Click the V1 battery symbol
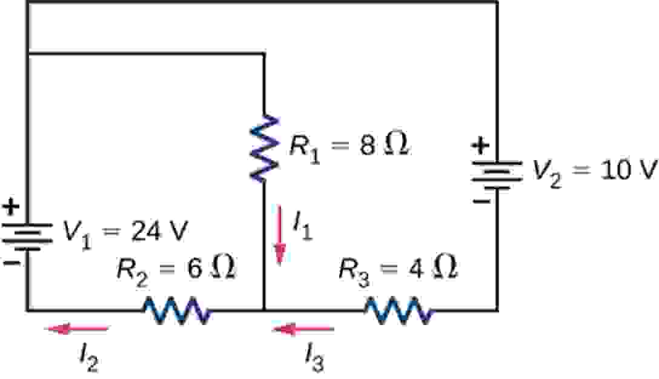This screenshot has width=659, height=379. [x=27, y=235]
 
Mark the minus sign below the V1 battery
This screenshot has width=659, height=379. [x=12, y=263]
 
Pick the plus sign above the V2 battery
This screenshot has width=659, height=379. [x=480, y=146]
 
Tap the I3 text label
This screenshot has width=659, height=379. [x=314, y=357]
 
